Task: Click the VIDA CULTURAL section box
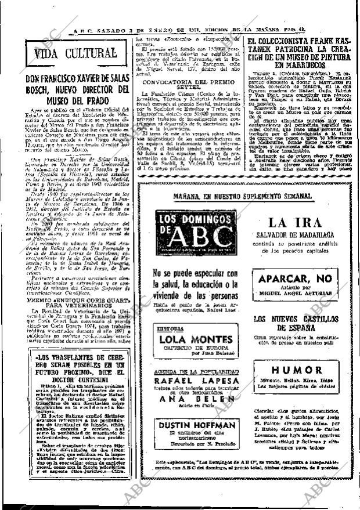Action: [x=75, y=54]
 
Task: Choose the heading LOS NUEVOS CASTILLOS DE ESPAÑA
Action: [x=294, y=324]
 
